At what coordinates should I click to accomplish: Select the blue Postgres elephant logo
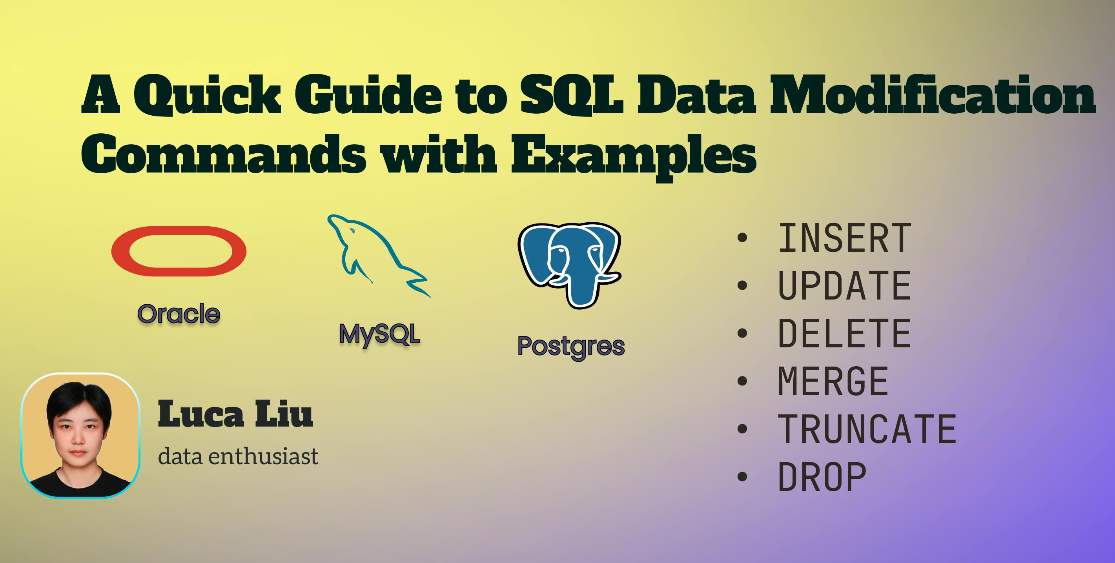[x=570, y=265]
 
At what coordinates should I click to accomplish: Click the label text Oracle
[x=179, y=314]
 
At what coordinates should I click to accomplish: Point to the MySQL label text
[x=380, y=334]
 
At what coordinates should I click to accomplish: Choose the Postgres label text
[x=571, y=346]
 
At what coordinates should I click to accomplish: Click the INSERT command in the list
[x=844, y=238]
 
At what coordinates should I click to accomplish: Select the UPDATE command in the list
[x=844, y=285]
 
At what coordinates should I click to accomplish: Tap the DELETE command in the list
[x=844, y=333]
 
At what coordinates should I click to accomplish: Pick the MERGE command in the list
[x=833, y=381]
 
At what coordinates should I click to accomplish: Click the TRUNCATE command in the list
[x=867, y=429]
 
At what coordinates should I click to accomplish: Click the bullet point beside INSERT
[x=742, y=238]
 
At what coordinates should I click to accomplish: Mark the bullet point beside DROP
[x=742, y=476]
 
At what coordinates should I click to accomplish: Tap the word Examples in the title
[x=634, y=155]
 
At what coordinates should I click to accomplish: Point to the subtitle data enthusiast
[x=238, y=457]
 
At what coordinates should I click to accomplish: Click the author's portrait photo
[x=80, y=436]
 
